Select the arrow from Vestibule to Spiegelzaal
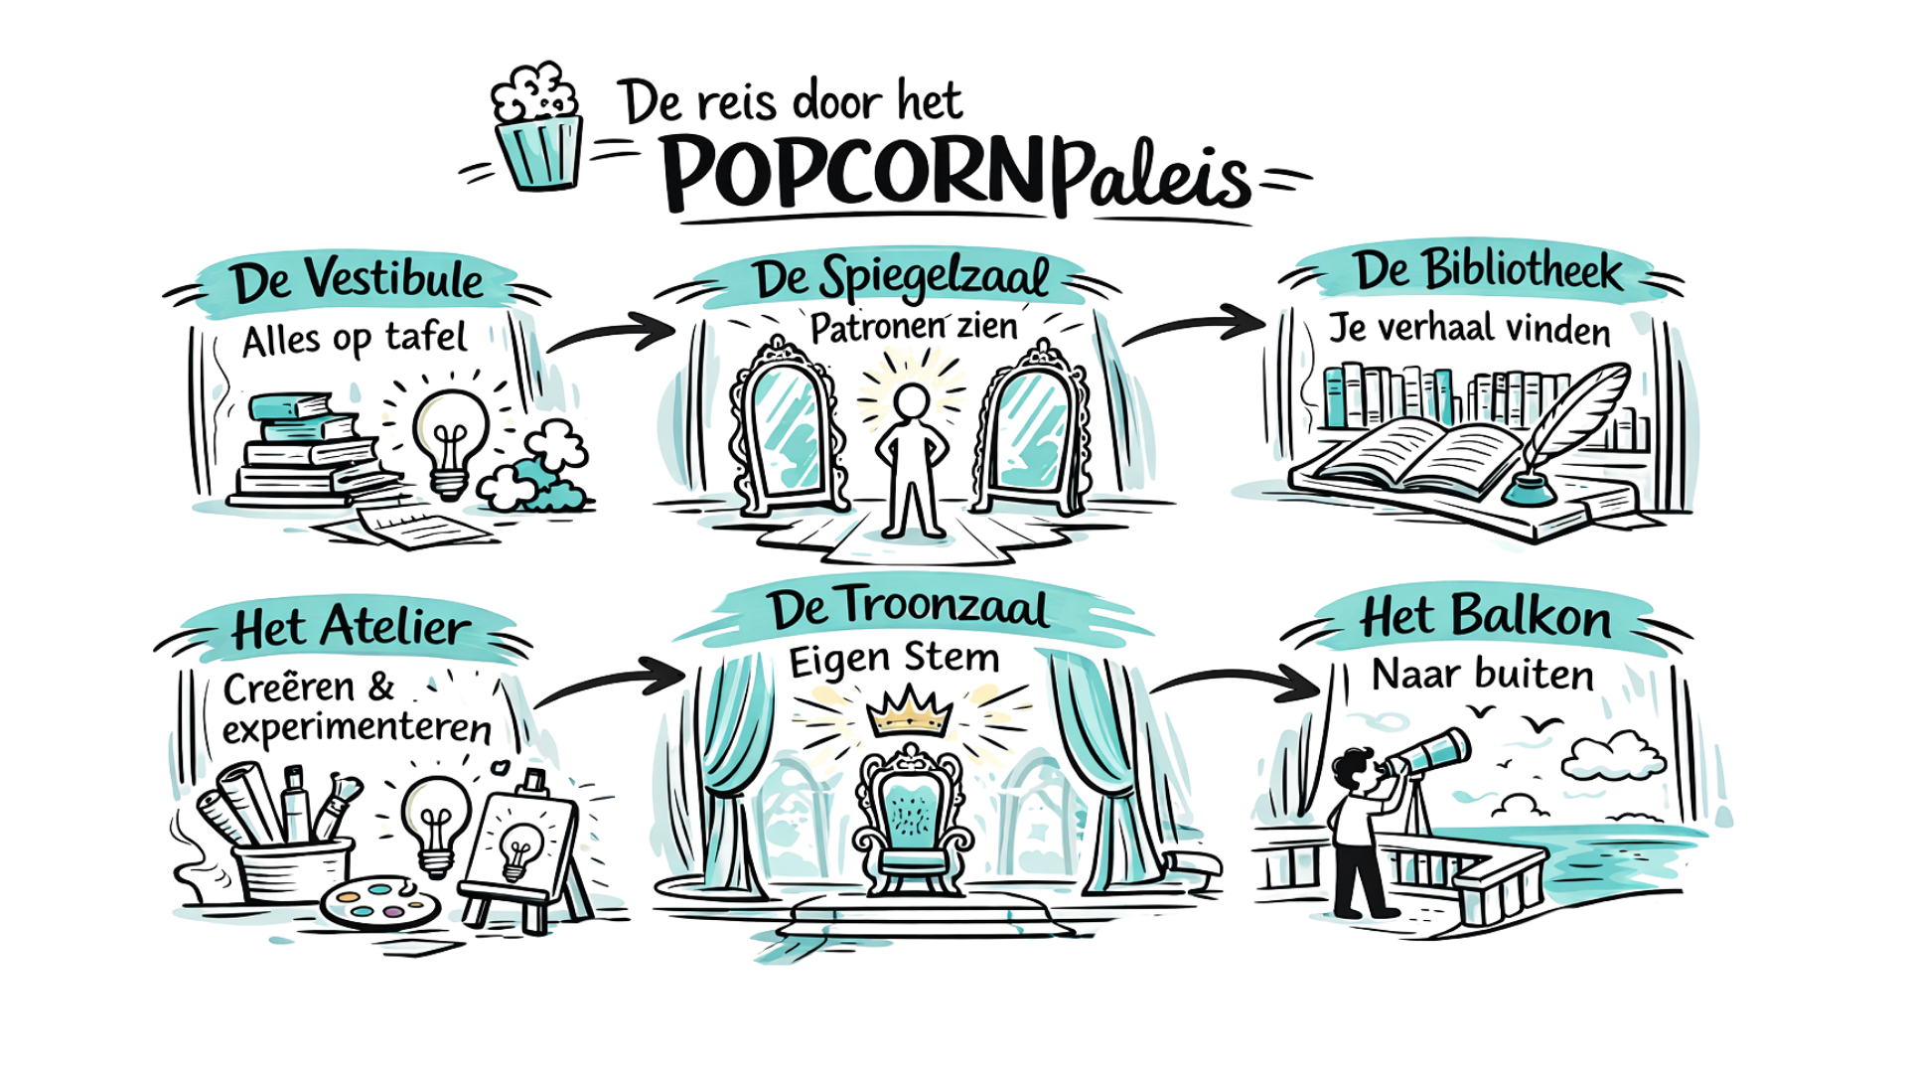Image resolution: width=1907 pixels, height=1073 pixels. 610,332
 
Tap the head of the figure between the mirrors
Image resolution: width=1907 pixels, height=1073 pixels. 911,401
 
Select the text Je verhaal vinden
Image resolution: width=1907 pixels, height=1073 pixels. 1469,329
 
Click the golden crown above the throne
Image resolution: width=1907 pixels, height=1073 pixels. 910,712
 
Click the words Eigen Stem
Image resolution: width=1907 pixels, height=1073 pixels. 894,659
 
